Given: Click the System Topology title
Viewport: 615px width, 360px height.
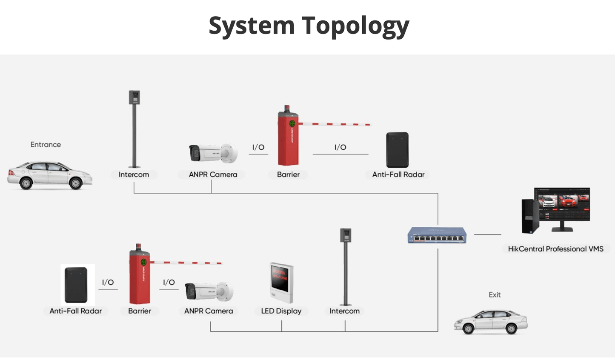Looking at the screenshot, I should (x=309, y=26).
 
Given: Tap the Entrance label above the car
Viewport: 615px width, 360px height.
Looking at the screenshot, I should (x=46, y=145).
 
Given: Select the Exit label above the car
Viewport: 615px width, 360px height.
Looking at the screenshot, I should (x=495, y=294).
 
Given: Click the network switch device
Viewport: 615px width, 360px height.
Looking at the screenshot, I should (x=437, y=235).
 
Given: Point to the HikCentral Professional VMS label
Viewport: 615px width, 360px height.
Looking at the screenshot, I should (x=555, y=249).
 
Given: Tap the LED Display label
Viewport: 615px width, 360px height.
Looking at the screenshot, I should (x=281, y=311).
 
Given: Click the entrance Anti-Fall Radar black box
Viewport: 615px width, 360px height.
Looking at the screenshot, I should (x=398, y=150).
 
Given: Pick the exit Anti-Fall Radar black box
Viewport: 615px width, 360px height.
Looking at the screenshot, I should (x=76, y=285).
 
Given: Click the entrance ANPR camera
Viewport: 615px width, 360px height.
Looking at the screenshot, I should (x=213, y=153).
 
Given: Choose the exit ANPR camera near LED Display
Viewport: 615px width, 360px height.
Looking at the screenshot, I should (x=209, y=291).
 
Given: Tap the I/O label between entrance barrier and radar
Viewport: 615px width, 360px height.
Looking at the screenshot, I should (x=340, y=147).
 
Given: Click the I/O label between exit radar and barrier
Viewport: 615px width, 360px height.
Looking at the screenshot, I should (x=108, y=282).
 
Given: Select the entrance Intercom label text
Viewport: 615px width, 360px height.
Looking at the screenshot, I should (x=134, y=174).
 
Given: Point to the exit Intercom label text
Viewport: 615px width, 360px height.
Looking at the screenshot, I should (x=344, y=311).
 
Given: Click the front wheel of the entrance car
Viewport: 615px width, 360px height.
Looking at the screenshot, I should (x=76, y=183).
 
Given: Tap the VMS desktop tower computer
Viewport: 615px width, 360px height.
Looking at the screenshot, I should (x=530, y=216).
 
